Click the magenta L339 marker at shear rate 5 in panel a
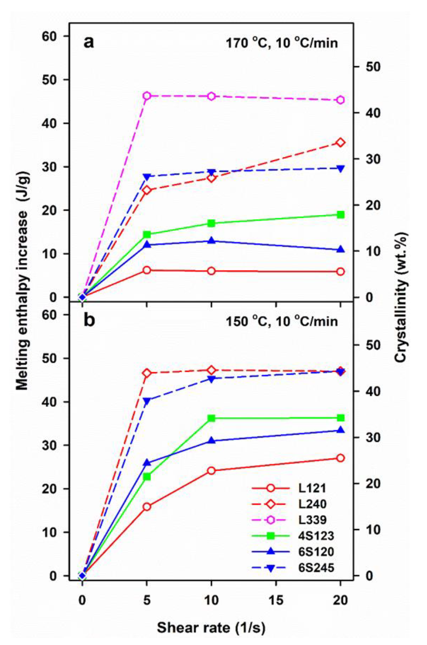click(147, 96)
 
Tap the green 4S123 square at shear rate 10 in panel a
click(211, 223)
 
